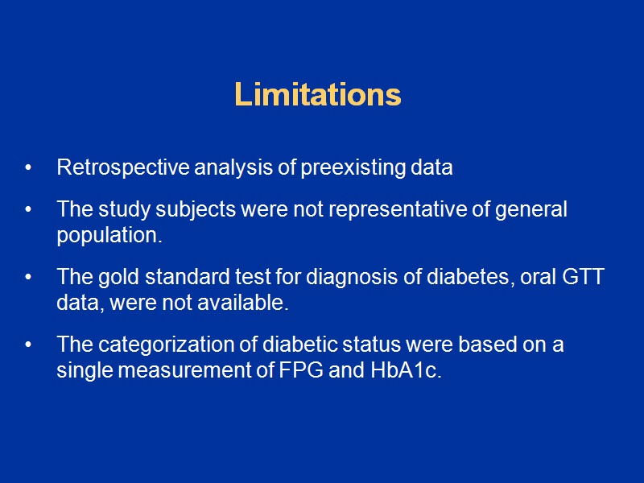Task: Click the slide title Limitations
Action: pos(317,95)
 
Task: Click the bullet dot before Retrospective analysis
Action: pos(29,169)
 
